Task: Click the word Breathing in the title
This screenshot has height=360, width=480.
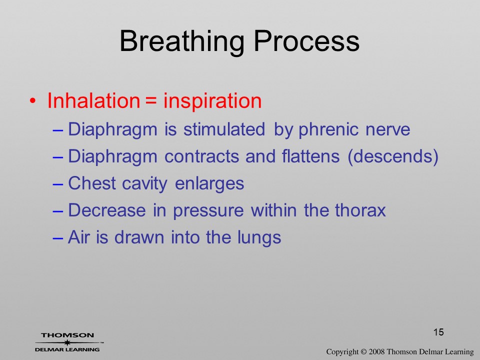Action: (x=182, y=42)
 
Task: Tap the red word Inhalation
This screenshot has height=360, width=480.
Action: (x=93, y=100)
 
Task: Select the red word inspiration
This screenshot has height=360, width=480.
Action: (x=212, y=101)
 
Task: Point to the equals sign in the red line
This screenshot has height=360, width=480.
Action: (x=151, y=101)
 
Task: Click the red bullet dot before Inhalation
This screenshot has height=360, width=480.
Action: (x=32, y=100)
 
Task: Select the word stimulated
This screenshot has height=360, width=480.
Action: (x=224, y=129)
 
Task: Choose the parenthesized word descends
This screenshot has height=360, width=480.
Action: (x=393, y=156)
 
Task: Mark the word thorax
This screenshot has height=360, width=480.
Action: (x=360, y=210)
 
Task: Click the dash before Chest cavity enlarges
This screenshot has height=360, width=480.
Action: (x=57, y=184)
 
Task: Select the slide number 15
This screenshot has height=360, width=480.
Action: (x=438, y=332)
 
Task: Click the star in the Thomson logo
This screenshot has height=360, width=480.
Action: (x=67, y=342)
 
